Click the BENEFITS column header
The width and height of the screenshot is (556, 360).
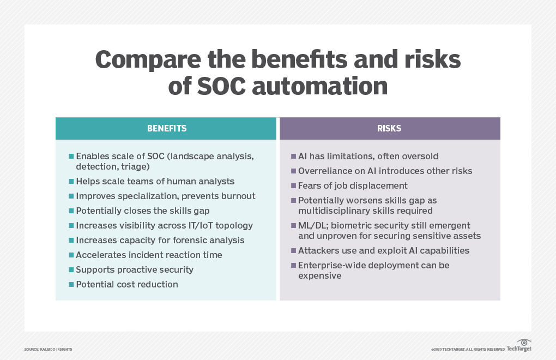pos(167,128)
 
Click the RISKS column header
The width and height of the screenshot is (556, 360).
pos(389,128)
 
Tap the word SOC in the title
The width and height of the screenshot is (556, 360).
pos(221,86)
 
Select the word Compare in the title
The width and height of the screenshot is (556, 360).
pos(148,59)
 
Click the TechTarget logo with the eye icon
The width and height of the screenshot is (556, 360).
pos(519,346)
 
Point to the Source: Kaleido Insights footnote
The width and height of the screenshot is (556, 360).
pos(48,349)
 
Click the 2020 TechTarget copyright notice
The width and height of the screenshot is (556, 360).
pos(468,349)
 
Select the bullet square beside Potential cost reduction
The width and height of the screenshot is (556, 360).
pos(71,284)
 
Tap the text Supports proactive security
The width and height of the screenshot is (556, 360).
pos(135,270)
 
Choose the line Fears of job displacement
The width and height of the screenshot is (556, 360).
pos(353,186)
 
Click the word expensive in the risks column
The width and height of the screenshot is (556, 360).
pos(320,276)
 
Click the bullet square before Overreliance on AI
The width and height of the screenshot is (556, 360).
pos(294,171)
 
